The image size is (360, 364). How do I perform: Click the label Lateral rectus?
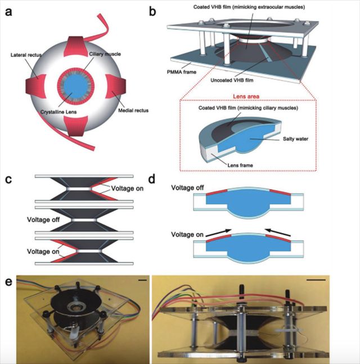pyautogui.click(x=28, y=54)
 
